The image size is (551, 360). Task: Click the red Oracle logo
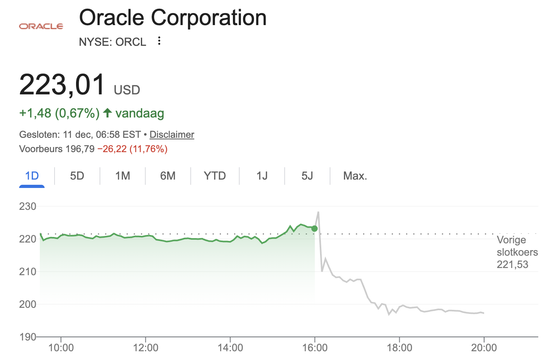[41, 26]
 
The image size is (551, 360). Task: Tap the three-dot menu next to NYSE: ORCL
[159, 41]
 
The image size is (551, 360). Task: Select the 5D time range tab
[77, 176]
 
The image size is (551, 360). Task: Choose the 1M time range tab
[123, 176]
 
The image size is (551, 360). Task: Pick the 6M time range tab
[168, 176]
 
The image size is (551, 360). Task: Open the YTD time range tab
[215, 176]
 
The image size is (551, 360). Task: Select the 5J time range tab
[307, 176]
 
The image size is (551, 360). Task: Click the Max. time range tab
[355, 176]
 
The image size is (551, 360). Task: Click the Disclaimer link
[172, 135]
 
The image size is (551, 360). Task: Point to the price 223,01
[62, 84]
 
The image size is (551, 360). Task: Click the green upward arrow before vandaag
[107, 113]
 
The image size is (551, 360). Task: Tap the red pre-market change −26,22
[112, 149]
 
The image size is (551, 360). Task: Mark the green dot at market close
[315, 229]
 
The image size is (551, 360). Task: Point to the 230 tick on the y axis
[27, 206]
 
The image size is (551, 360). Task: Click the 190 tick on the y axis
[27, 337]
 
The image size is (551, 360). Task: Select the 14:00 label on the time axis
[230, 348]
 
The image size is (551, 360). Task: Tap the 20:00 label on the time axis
[484, 348]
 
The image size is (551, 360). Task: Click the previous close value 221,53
[512, 264]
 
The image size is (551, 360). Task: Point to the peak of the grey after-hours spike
[318, 212]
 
